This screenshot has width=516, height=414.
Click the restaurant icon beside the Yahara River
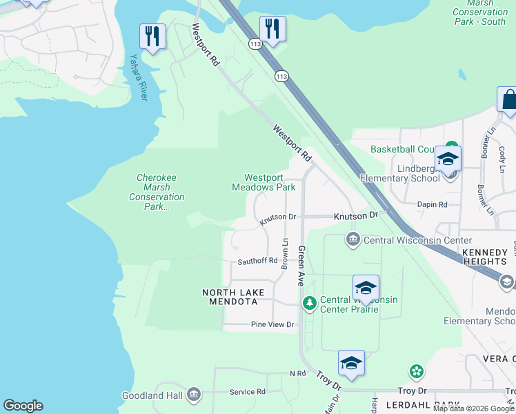(152, 36)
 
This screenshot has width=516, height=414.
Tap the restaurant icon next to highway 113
(272, 28)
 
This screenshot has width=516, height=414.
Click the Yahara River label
(139, 77)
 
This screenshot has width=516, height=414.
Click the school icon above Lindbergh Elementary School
(448, 159)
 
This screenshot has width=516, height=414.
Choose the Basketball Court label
(404, 149)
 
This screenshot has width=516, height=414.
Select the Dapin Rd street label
(433, 204)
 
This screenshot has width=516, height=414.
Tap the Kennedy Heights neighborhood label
(485, 257)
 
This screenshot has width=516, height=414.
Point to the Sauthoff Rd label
(257, 261)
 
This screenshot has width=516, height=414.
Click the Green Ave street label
(301, 265)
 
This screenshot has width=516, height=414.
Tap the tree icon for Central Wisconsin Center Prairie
(310, 303)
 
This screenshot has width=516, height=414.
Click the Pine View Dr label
(272, 324)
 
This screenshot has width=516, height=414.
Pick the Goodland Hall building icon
(193, 395)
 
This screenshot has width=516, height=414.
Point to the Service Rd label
(247, 391)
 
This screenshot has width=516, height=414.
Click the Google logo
(23, 406)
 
